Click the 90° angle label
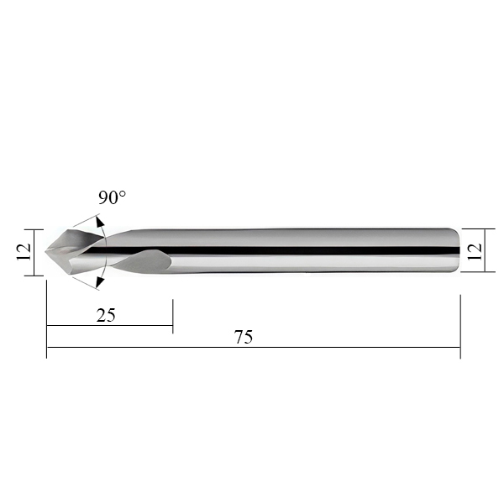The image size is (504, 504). coord(113,197)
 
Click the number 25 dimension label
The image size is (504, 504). coord(106,315)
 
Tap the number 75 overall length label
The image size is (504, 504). coord(244,337)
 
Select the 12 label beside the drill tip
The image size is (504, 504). coord(24,252)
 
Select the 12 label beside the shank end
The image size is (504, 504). coord(475,252)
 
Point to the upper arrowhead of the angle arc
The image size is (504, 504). coord(100,223)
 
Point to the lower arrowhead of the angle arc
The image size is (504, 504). coord(100,281)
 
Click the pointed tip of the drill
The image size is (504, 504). coord(45,251)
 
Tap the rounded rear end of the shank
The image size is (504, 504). coord(457,250)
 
